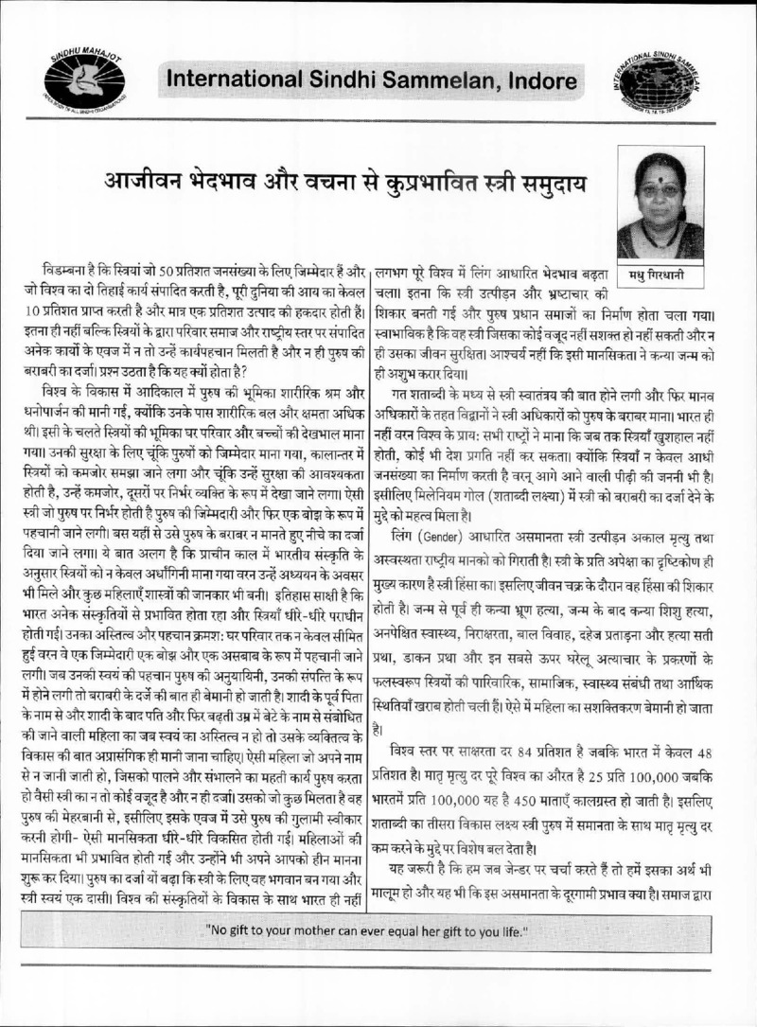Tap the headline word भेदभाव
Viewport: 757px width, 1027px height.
pyautogui.click(x=245, y=180)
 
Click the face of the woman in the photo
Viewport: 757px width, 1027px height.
pyautogui.click(x=660, y=188)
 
